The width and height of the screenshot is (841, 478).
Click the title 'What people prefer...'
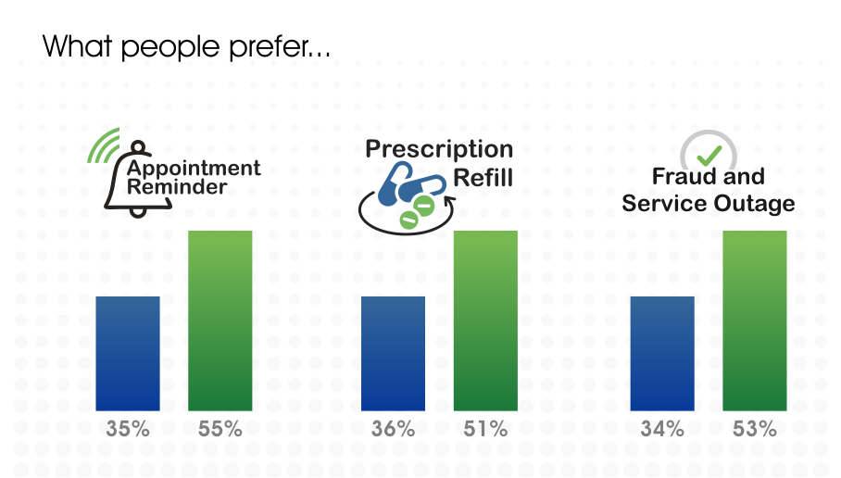[186, 46]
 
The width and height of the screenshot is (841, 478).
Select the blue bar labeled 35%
[128, 354]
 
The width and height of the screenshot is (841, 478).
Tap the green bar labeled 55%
[220, 321]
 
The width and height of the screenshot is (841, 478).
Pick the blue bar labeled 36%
[393, 354]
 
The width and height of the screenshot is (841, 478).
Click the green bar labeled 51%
[485, 321]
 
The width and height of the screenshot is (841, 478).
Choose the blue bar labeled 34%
[662, 354]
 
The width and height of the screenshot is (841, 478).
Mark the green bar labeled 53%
[755, 321]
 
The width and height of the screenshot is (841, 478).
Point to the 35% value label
[128, 429]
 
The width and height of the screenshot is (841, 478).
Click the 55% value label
[220, 429]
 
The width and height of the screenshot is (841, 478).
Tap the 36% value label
[393, 429]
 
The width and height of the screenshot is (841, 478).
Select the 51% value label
[485, 429]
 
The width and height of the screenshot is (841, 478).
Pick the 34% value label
[662, 429]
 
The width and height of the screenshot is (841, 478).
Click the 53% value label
[755, 429]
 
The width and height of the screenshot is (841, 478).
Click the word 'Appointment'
[194, 170]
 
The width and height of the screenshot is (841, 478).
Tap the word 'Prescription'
[439, 150]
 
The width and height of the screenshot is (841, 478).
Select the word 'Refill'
[483, 178]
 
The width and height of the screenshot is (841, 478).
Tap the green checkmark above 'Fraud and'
[709, 156]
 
